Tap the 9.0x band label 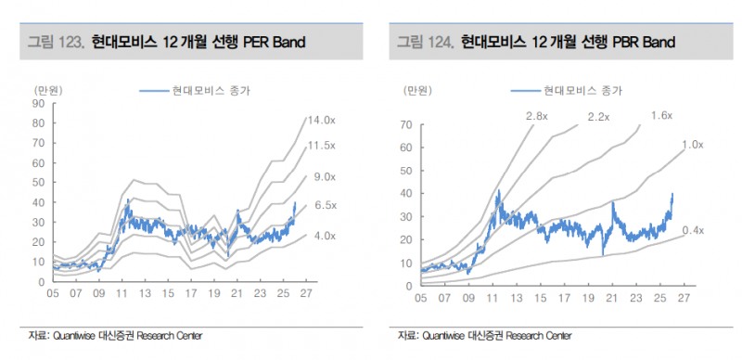324,176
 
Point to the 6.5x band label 325,205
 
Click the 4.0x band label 325,236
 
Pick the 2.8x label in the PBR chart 537,116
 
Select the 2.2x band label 598,117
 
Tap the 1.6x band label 661,115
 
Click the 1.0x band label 692,145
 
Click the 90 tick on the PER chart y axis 38,102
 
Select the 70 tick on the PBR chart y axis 406,124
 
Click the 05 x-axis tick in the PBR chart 421,298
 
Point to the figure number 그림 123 56,42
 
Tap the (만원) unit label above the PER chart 47,90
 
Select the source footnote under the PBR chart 483,335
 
